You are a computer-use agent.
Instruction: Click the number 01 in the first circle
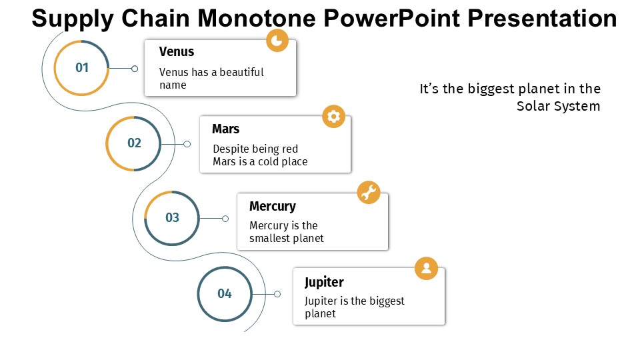(82, 67)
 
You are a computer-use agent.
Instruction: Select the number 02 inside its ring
(134, 143)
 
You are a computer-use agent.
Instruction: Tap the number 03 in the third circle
(172, 217)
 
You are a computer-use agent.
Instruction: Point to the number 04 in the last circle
(225, 293)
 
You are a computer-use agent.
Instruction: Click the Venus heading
(177, 52)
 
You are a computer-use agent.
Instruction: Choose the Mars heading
(226, 129)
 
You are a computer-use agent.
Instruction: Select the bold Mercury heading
(273, 207)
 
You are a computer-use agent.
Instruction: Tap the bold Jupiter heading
(324, 283)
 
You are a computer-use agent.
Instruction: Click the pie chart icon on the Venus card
(277, 41)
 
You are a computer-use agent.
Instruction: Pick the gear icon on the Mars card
(333, 116)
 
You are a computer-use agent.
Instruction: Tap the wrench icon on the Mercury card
(369, 192)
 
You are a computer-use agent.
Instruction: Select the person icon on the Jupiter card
(426, 268)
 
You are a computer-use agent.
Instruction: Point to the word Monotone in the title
(256, 19)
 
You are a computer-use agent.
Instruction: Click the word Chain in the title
(155, 19)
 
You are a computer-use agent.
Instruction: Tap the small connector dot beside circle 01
(134, 69)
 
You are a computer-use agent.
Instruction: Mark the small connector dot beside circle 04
(277, 294)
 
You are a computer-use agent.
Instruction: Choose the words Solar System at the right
(559, 106)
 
